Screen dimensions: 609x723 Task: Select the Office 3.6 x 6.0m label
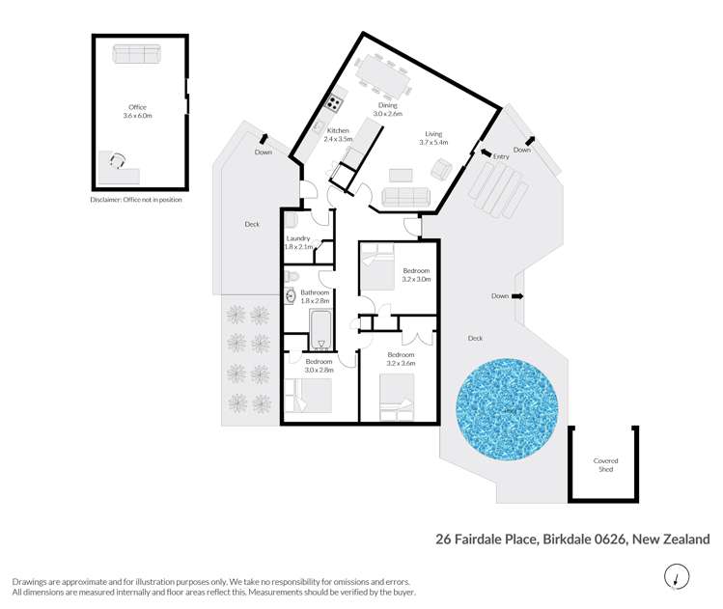pos(138,111)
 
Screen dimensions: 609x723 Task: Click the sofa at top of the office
pos(138,54)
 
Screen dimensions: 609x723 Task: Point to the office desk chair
pos(117,161)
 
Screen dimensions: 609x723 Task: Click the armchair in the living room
pos(439,171)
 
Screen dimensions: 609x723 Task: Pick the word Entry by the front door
pos(501,156)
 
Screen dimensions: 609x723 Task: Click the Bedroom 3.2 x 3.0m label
pos(416,275)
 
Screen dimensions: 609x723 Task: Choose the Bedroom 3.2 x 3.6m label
pos(401,359)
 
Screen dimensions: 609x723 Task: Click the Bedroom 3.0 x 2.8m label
pos(319,365)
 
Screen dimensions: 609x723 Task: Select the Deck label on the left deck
pos(252,224)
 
